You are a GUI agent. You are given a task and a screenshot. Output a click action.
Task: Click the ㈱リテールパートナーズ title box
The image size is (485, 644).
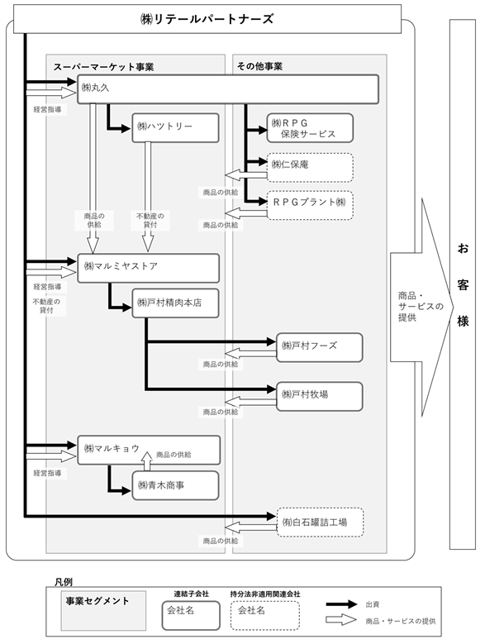(207, 19)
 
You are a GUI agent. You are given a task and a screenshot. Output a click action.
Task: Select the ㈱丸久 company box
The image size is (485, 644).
(228, 89)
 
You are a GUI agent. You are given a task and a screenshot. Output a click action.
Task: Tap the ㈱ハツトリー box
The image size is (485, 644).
(175, 128)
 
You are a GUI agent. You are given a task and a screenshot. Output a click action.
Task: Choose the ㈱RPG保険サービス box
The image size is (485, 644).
(310, 128)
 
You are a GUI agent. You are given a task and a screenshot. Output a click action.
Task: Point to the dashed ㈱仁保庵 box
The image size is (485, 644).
(310, 167)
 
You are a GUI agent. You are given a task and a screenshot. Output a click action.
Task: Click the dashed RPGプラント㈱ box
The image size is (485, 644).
(310, 205)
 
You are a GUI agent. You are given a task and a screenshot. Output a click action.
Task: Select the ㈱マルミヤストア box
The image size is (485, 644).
(148, 268)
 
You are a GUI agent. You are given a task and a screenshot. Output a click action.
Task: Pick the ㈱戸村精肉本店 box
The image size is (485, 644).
(175, 303)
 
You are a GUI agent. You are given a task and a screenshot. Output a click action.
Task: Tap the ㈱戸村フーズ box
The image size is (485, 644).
(320, 347)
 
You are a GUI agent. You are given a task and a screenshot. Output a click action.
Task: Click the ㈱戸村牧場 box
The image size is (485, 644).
(320, 396)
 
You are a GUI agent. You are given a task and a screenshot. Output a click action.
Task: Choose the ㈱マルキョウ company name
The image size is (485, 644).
(112, 449)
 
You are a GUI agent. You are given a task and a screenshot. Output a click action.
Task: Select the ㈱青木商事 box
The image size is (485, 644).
(175, 485)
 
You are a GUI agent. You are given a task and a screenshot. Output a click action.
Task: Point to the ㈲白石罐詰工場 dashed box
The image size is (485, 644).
(320, 522)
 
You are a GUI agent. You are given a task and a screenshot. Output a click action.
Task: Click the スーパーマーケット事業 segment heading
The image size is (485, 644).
(103, 67)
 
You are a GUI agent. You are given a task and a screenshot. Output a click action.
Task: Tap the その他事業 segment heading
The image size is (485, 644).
(259, 66)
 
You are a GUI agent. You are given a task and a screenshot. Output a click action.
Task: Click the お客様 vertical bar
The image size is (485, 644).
(463, 284)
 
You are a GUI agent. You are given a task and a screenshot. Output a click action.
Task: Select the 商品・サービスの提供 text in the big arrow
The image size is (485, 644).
(421, 307)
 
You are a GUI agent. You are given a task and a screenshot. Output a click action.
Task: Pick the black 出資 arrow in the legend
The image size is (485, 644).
(341, 604)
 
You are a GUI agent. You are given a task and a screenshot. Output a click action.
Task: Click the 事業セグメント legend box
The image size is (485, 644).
(103, 611)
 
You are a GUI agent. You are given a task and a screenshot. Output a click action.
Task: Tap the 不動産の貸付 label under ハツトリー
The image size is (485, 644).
(150, 220)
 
